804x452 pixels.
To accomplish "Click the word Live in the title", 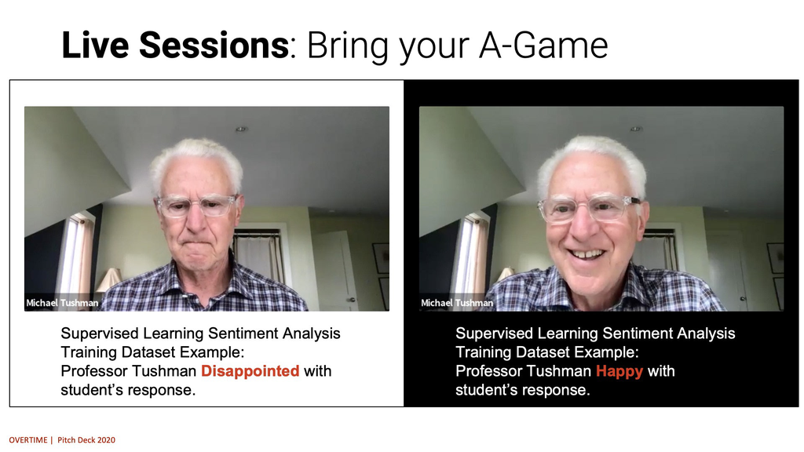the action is pos(95,45).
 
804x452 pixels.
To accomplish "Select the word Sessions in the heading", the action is pos(214,45).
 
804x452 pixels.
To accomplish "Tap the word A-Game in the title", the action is pos(543,45).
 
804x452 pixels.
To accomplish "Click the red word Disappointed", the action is pos(250,370).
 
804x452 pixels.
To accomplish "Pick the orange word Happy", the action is pos(619,371).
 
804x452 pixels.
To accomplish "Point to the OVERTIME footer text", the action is pos(28,439).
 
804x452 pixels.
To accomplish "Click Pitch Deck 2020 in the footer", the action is pos(86,439).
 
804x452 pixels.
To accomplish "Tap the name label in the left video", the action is pos(62,303).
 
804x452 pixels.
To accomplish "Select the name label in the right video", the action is pos(457,303).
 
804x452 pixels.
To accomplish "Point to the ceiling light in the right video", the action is pos(636,129).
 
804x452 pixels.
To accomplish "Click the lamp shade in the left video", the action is pos(108,280).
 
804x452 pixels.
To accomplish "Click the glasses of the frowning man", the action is pos(197,206).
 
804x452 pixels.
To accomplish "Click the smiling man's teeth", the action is pos(587,253).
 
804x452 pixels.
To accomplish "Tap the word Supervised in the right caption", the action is pos(494,334).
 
